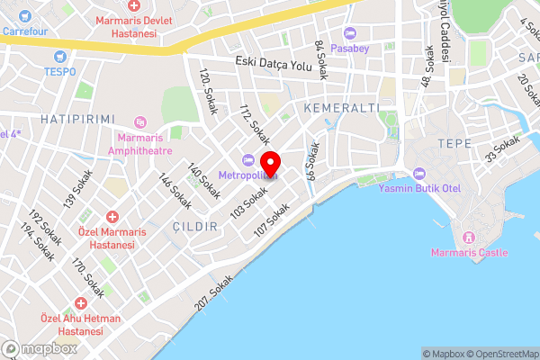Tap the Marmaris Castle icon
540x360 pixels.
[468, 238]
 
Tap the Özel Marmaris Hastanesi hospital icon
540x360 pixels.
[112, 217]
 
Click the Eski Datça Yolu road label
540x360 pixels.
[272, 61]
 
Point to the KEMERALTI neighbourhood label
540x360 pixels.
[337, 108]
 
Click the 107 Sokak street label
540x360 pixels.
[271, 221]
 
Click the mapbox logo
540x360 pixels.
[40, 348]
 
